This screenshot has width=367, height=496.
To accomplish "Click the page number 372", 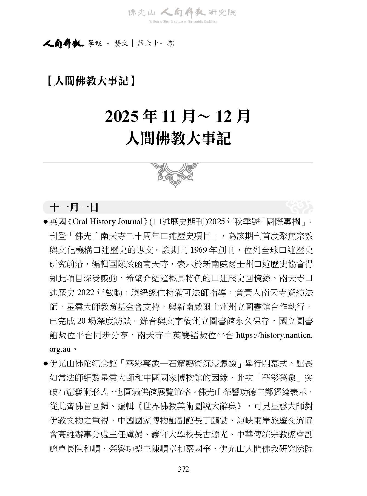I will (x=183, y=469).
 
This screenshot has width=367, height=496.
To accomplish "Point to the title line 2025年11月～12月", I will (x=178, y=116).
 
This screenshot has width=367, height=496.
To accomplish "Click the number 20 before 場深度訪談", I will (x=82, y=321).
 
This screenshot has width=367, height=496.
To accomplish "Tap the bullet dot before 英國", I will (x=46, y=222).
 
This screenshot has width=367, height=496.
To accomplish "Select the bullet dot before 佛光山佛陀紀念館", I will (x=46, y=364).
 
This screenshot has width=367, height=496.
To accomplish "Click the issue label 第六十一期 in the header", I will (x=155, y=43).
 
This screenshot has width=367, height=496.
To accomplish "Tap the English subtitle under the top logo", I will (x=183, y=22).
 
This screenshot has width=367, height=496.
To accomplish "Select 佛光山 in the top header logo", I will (x=142, y=13).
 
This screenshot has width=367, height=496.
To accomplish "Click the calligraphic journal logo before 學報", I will (x=63, y=43).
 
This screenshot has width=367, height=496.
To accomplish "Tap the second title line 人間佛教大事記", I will (x=178, y=139).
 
